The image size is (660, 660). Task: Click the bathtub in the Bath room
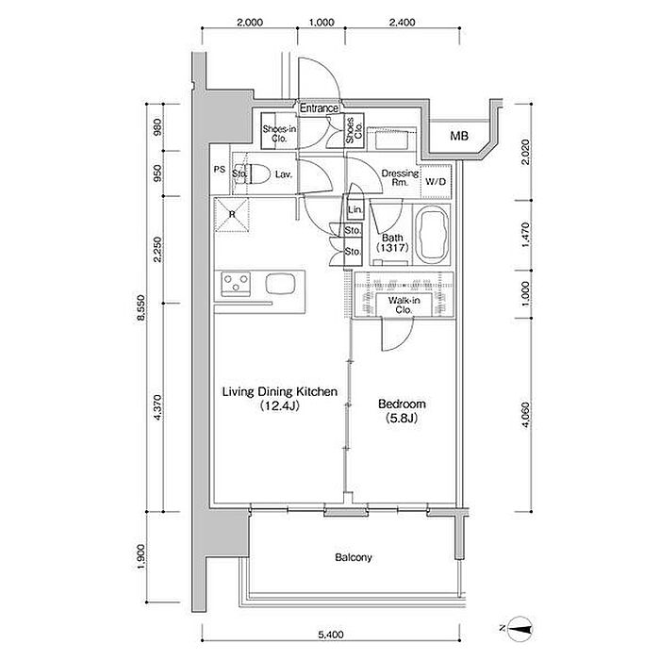(431, 234)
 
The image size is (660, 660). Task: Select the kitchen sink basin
(280, 283)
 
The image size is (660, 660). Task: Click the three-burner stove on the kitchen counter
(236, 283)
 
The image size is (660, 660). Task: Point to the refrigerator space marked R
(232, 215)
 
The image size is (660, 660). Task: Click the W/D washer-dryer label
(436, 182)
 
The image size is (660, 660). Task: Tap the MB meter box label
(459, 136)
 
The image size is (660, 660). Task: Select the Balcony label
(354, 558)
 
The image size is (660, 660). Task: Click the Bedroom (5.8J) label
(402, 411)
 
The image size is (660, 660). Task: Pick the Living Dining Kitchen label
(280, 398)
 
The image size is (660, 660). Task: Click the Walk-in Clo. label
(404, 305)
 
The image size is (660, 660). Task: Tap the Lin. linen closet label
(355, 209)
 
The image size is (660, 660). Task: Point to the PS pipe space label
(220, 170)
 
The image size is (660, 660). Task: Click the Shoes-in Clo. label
(279, 134)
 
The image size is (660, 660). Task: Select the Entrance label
(319, 108)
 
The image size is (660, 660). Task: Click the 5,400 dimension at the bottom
(331, 635)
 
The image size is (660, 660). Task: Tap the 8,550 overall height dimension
(140, 307)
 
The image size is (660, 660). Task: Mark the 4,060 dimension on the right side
(526, 415)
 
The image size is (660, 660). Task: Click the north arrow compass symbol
(518, 629)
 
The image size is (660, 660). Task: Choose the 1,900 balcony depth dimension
(140, 558)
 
